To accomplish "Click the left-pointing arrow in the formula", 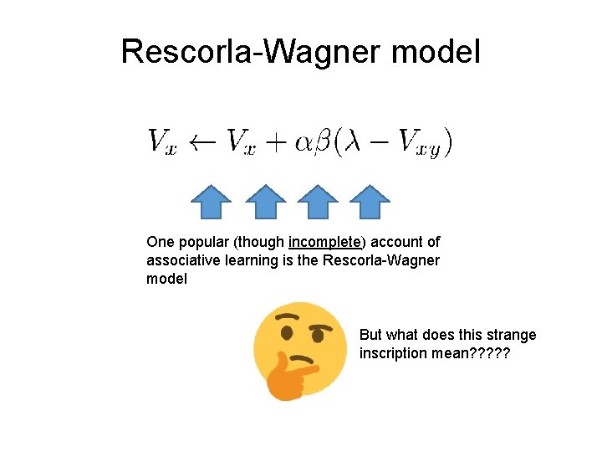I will [x=203, y=141].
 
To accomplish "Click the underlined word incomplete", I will [x=325, y=242].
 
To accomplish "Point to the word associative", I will [x=183, y=260].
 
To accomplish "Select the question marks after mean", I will [x=489, y=353].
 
